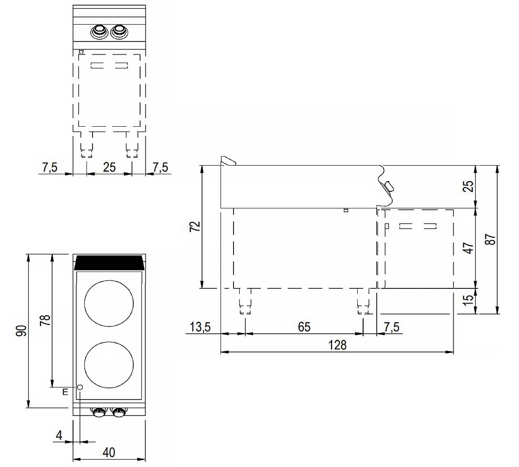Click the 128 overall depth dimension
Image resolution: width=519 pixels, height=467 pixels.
tap(337, 345)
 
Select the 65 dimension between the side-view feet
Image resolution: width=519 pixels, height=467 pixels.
tap(304, 327)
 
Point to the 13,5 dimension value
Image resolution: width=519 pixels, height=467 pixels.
tap(200, 327)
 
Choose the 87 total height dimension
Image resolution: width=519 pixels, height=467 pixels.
tap(491, 239)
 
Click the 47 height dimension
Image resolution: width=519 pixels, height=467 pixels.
tap(468, 248)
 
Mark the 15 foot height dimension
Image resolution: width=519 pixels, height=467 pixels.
tap(468, 300)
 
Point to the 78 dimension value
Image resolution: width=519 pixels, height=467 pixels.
tap(45, 320)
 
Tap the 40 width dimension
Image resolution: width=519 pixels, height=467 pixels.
tap(109, 452)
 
